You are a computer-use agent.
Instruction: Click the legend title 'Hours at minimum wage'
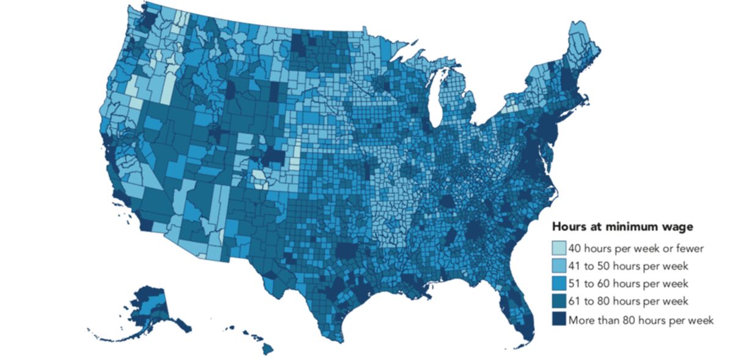coord(622,227)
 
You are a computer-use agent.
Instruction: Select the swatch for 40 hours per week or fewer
coord(559,248)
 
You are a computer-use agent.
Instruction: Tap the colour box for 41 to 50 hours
coord(559,266)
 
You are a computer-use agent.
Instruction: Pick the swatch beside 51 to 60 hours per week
coord(559,284)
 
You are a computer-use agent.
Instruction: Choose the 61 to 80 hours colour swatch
coord(559,301)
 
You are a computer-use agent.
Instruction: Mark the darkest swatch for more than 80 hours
coord(559,319)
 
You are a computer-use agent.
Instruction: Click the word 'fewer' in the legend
coord(690,248)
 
